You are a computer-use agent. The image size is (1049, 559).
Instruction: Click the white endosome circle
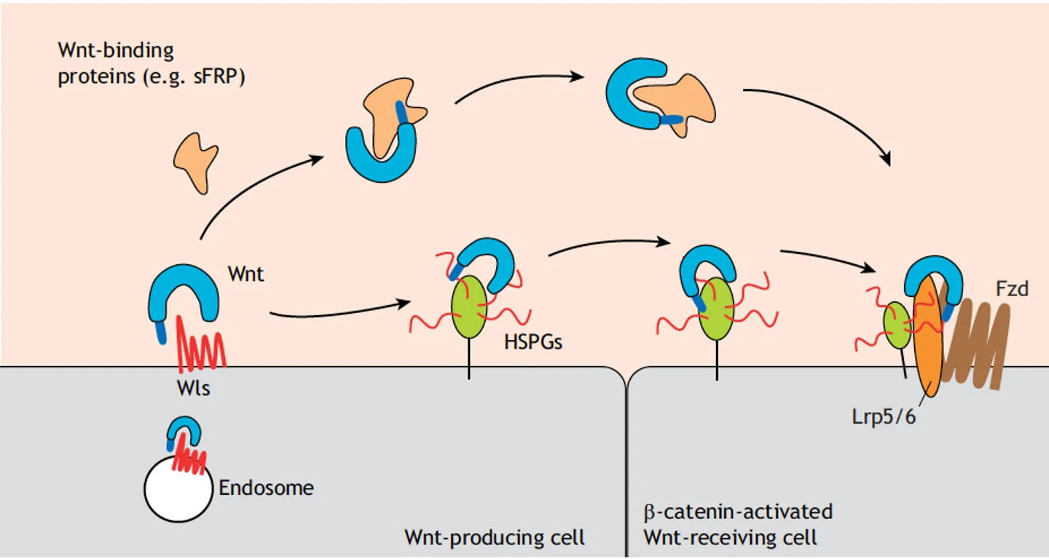tap(178, 489)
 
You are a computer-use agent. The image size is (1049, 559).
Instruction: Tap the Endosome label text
tap(266, 488)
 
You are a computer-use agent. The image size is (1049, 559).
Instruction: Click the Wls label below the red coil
tap(194, 388)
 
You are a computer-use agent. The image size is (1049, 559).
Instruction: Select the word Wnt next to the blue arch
tap(246, 274)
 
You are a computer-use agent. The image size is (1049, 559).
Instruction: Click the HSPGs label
tap(533, 342)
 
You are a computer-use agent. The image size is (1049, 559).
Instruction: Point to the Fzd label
tap(1012, 289)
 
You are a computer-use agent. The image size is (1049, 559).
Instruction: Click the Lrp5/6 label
tap(883, 417)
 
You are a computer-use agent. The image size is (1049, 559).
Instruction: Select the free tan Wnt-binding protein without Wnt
tap(196, 162)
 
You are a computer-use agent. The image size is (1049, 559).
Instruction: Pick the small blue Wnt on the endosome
tap(184, 432)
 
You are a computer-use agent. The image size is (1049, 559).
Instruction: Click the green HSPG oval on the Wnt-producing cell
tap(469, 307)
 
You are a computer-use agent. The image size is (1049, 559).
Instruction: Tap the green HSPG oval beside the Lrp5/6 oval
tap(897, 325)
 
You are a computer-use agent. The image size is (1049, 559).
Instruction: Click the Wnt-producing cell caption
tap(495, 537)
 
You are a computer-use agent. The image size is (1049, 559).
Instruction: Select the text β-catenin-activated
tap(738, 512)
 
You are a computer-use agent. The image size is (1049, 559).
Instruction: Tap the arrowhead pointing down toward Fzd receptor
tap(884, 159)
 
